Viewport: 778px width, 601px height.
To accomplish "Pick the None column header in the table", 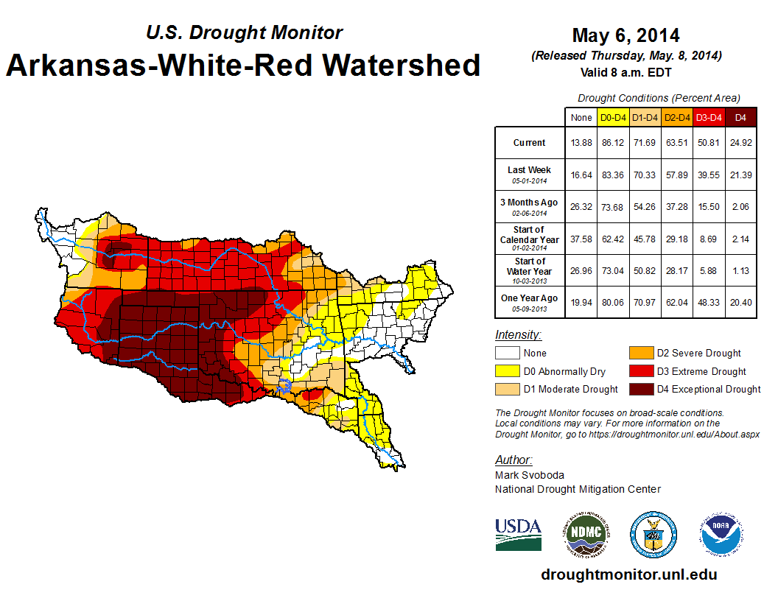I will click(581, 117).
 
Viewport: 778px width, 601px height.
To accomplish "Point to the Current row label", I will click(530, 143).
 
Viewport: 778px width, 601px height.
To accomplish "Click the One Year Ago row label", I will click(530, 298).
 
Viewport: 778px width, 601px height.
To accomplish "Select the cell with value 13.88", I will click(581, 143).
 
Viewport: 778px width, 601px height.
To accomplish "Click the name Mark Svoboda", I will click(529, 475).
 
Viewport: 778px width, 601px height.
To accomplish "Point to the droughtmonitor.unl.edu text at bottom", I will click(628, 574).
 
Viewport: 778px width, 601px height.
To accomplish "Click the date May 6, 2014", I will click(625, 35).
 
